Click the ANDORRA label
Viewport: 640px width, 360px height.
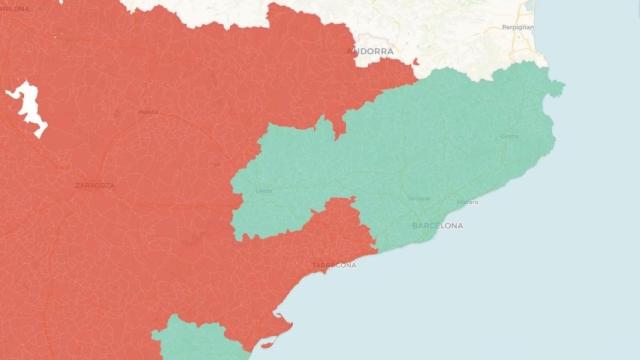point(369,50)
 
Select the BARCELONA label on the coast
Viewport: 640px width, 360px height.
point(437,226)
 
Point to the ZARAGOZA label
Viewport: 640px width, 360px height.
point(94,185)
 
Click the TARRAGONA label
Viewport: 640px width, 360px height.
point(334,265)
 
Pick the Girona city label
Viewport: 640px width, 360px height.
point(509,137)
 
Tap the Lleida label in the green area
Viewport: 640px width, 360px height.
point(264,190)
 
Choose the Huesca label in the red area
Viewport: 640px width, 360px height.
point(148,112)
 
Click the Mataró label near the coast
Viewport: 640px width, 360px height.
point(467,202)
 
